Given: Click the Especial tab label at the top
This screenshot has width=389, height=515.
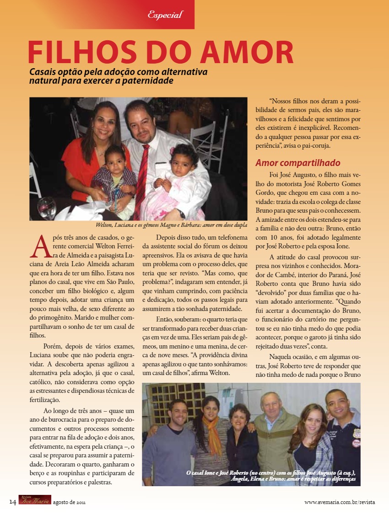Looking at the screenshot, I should [165, 15].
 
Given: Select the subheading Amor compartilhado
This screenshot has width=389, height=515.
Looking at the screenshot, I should [297, 163].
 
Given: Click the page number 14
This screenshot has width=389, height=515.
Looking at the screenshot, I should [12, 502].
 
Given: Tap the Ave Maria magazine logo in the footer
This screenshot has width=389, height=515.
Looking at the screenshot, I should [34, 500].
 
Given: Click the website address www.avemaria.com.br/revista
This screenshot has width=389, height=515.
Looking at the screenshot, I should [339, 502].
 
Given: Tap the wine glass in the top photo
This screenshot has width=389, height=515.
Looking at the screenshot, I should [47, 207].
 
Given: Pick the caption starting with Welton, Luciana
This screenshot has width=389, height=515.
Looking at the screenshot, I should [172, 225].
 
